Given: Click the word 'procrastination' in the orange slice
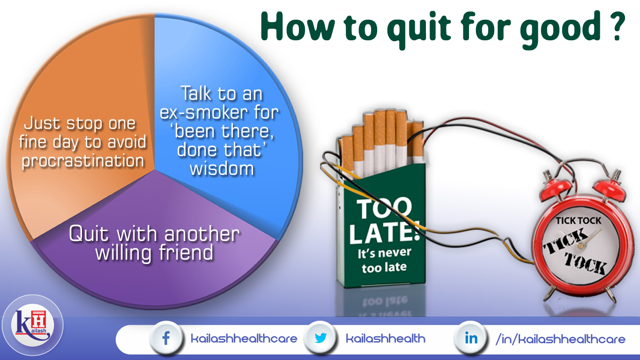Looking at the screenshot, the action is pyautogui.click(x=83, y=161).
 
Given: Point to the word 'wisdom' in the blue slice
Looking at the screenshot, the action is pyautogui.click(x=222, y=169).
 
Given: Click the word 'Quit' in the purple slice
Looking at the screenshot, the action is pyautogui.click(x=89, y=234).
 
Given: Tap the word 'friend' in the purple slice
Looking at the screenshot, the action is pyautogui.click(x=186, y=253).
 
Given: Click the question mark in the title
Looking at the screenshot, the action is pyautogui.click(x=618, y=27).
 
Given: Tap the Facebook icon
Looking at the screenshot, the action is pyautogui.click(x=166, y=338).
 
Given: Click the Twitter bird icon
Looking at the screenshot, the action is pyautogui.click(x=320, y=337).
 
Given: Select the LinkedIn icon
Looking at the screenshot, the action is pyautogui.click(x=471, y=338).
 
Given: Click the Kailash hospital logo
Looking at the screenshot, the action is pyautogui.click(x=32, y=326).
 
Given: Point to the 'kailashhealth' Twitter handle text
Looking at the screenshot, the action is pyautogui.click(x=386, y=339).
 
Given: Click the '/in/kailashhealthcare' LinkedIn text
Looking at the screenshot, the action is pyautogui.click(x=560, y=339).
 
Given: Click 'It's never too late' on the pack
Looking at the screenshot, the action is pyautogui.click(x=384, y=261).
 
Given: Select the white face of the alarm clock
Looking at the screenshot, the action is pyautogui.click(x=580, y=247).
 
